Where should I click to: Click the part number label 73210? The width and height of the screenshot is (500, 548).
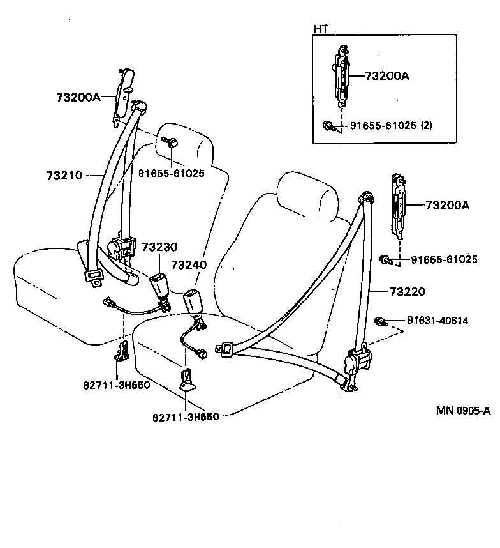point(64,174)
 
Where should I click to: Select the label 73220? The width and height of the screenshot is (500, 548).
point(407,292)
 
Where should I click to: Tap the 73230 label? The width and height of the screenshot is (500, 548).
point(159,247)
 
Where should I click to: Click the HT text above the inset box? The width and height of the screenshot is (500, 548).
point(320,29)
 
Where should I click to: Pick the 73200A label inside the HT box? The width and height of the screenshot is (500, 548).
point(387,76)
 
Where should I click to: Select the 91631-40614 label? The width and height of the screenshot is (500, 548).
point(438,321)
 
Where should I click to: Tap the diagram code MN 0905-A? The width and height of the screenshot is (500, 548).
point(464,411)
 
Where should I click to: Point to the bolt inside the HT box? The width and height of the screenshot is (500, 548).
point(328,125)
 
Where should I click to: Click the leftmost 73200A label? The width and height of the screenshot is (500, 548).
point(78,97)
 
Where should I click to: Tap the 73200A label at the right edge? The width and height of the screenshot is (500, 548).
point(447,206)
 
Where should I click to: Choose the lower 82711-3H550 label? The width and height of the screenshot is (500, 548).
point(186,416)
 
